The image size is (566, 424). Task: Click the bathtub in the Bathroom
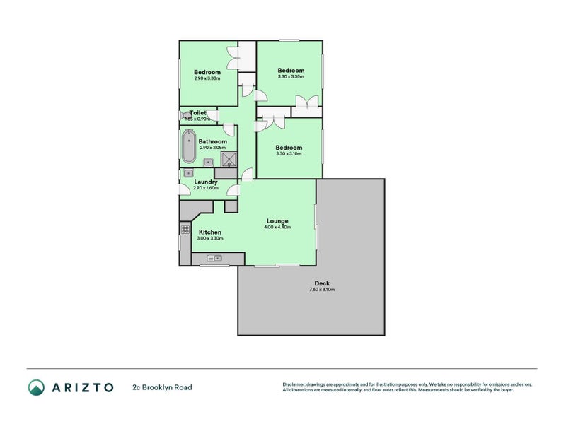(189, 146)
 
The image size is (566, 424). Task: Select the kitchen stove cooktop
(185, 229)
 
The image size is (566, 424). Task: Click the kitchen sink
(214, 259)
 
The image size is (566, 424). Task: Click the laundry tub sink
(189, 172)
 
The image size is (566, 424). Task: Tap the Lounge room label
(276, 220)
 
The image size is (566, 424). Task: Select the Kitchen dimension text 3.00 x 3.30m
(210, 239)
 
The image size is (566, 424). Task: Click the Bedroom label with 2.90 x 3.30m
(207, 72)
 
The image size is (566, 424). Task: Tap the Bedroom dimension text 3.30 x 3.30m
(290, 77)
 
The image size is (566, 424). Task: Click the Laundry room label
(205, 182)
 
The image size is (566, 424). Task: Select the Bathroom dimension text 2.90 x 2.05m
(212, 148)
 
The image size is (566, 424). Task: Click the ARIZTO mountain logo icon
(36, 387)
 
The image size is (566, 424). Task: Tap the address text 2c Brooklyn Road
(162, 387)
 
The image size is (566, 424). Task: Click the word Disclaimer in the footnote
(296, 384)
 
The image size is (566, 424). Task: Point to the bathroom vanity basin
(209, 162)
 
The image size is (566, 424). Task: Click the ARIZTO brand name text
(82, 387)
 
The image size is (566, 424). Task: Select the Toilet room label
(198, 113)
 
